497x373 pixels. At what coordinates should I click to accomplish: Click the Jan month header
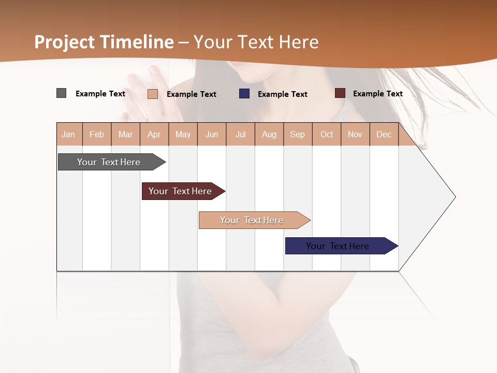[68, 134]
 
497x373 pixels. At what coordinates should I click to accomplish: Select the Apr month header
[154, 134]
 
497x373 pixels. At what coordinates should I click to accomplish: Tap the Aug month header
[269, 134]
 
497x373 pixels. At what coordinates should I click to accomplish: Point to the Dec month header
[384, 134]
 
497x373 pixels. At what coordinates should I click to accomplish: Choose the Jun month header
[211, 134]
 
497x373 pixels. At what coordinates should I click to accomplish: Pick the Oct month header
[326, 134]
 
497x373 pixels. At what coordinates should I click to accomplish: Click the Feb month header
[97, 134]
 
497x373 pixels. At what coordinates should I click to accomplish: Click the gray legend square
[62, 93]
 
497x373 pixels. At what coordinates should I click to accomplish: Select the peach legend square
[153, 94]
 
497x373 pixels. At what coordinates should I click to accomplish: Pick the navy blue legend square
[244, 94]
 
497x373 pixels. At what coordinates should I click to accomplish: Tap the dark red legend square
[340, 93]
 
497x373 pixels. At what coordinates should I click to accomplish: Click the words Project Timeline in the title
[104, 42]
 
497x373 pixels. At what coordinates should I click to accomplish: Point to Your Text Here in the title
[256, 42]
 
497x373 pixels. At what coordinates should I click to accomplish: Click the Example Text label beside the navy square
[282, 94]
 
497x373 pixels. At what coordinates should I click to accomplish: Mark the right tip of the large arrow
[455, 197]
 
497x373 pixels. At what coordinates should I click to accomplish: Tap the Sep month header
[297, 134]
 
